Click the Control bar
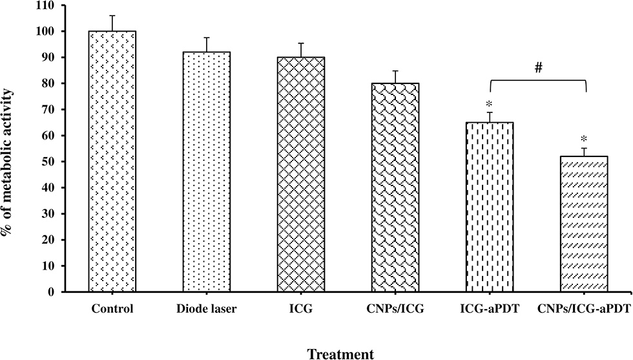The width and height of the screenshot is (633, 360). pos(112,162)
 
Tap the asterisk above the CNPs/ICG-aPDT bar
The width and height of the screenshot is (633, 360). pos(584,140)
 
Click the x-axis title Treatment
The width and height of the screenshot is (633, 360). pos(342,353)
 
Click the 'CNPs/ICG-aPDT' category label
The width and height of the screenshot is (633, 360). pos(584,309)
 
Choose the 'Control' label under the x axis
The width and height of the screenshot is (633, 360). pos(112,309)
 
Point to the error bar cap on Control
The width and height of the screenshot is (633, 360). pos(112,16)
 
